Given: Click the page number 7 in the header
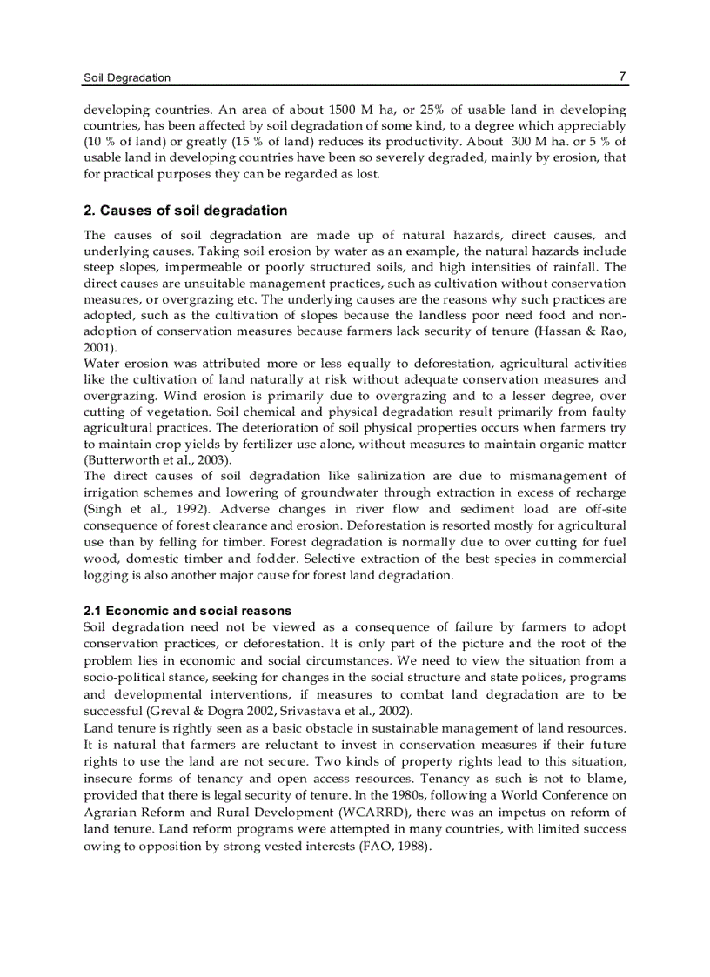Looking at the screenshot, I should [622, 77].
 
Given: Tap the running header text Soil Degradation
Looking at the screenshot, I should [127, 77].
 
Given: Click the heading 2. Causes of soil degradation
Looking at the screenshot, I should [185, 211].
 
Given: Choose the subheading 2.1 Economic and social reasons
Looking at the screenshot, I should [187, 611].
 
